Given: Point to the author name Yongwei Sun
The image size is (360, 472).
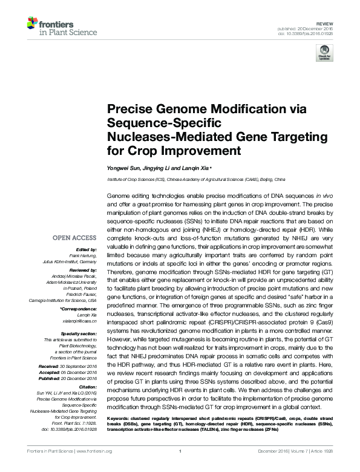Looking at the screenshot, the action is click(x=123, y=168).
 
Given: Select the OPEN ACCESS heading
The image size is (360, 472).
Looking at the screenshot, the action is click(x=74, y=238).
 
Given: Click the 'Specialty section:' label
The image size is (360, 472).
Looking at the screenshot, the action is click(x=81, y=332).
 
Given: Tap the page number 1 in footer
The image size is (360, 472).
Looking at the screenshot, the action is click(x=180, y=467).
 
